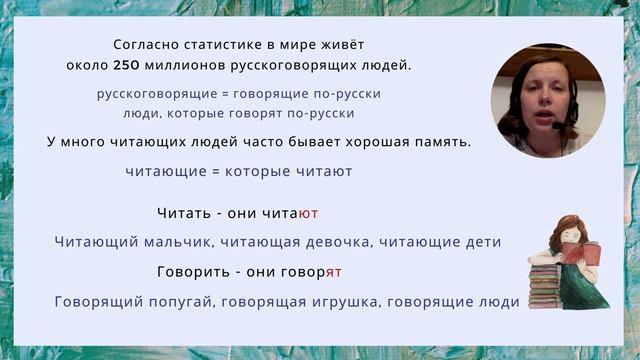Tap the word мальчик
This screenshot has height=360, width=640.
coord(182,242)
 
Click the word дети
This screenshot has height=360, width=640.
coord(480,242)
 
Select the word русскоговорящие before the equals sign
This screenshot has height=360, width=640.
coord(151,94)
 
